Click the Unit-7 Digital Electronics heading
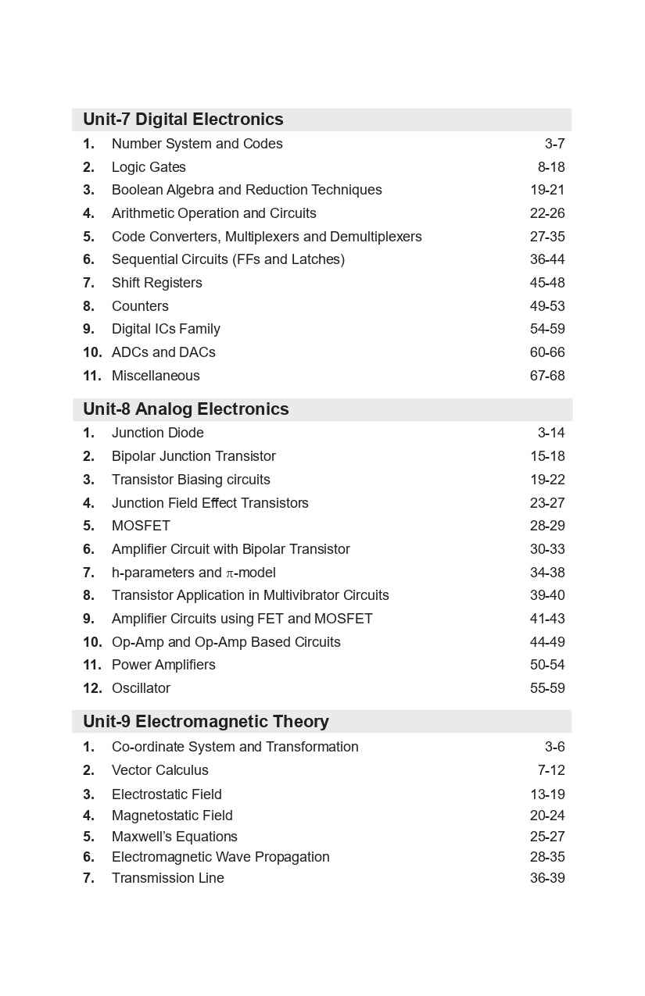coord(183,120)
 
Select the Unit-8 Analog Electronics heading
coord(185,409)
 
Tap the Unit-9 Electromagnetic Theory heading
coord(206,722)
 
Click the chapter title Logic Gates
coord(149,167)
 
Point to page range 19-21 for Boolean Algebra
coord(546,190)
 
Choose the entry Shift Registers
coord(156,283)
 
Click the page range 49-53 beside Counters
coord(546,306)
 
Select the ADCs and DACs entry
coord(163,352)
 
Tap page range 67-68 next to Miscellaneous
coord(546,376)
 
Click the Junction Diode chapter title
coord(157,433)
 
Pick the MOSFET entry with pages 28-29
coord(141,526)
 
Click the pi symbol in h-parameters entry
coord(230,573)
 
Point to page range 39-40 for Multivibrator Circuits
coord(546,595)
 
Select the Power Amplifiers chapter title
coord(163,665)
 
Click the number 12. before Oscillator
coord(92,688)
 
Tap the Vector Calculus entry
coord(159,770)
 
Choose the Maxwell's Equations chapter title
coord(174,837)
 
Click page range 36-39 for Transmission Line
coord(546,878)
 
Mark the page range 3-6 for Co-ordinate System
coord(554,747)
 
